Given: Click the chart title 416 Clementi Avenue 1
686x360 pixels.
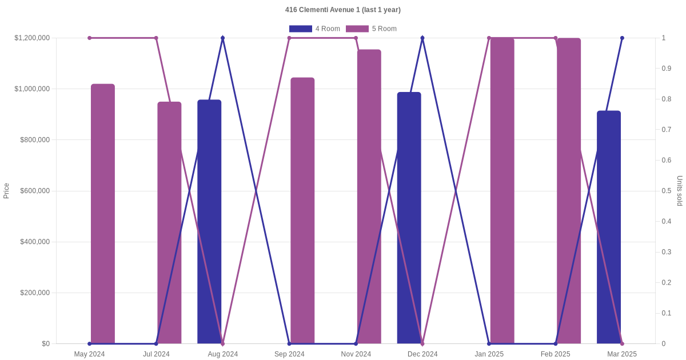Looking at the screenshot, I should click(342, 10).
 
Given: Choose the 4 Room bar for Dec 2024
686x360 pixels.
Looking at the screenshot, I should click(409, 218).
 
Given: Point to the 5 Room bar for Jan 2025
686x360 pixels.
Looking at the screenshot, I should click(502, 191).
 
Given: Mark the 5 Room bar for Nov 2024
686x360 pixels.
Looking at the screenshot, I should click(369, 197).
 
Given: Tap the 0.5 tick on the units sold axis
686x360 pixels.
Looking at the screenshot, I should click(666, 191).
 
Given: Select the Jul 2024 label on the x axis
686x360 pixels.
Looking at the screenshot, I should click(156, 354).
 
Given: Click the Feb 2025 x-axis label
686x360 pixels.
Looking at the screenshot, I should click(556, 354).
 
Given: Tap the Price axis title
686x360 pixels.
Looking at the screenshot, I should click(6, 191).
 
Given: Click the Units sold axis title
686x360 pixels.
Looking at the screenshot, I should click(680, 191).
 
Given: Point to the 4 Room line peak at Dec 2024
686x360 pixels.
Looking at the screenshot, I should click(422, 38).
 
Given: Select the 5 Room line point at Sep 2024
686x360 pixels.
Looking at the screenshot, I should click(289, 38).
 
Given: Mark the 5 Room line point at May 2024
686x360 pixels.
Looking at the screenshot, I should click(90, 38).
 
